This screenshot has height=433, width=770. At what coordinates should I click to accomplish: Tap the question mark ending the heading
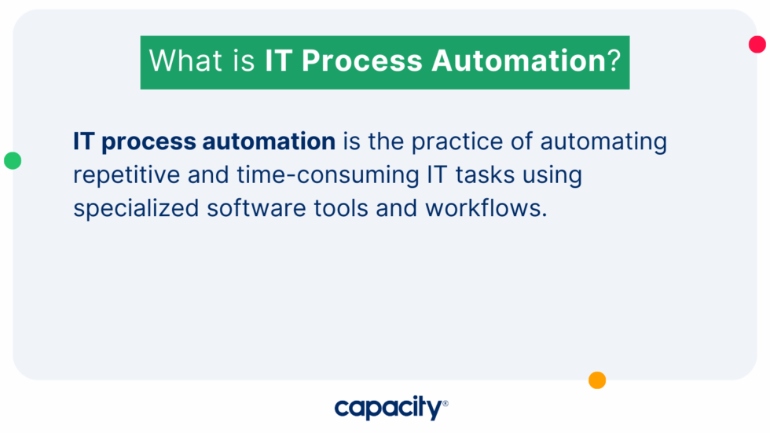click(614, 61)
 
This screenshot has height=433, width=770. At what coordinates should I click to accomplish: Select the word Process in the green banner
click(362, 61)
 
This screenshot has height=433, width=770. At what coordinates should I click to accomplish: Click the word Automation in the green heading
click(519, 61)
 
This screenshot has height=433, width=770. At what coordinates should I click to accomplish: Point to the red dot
click(757, 44)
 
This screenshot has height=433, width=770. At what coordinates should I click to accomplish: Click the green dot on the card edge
click(13, 160)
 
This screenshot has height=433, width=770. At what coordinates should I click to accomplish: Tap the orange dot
click(597, 380)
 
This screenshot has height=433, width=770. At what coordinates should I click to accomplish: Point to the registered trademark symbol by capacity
click(445, 404)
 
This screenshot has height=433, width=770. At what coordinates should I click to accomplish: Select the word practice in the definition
click(457, 142)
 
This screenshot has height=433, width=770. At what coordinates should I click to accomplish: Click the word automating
click(603, 142)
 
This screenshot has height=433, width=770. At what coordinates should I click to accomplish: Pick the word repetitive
click(126, 175)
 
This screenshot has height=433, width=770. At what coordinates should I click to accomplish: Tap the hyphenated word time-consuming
click(328, 175)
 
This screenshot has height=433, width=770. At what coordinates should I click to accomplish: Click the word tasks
click(485, 174)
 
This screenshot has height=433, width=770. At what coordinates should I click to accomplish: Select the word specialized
click(136, 209)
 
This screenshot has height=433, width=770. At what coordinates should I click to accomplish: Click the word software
click(256, 208)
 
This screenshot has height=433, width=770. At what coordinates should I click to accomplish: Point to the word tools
click(341, 208)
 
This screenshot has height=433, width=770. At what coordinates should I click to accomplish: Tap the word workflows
click(486, 208)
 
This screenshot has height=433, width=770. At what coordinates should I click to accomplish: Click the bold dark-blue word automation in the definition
click(269, 141)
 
